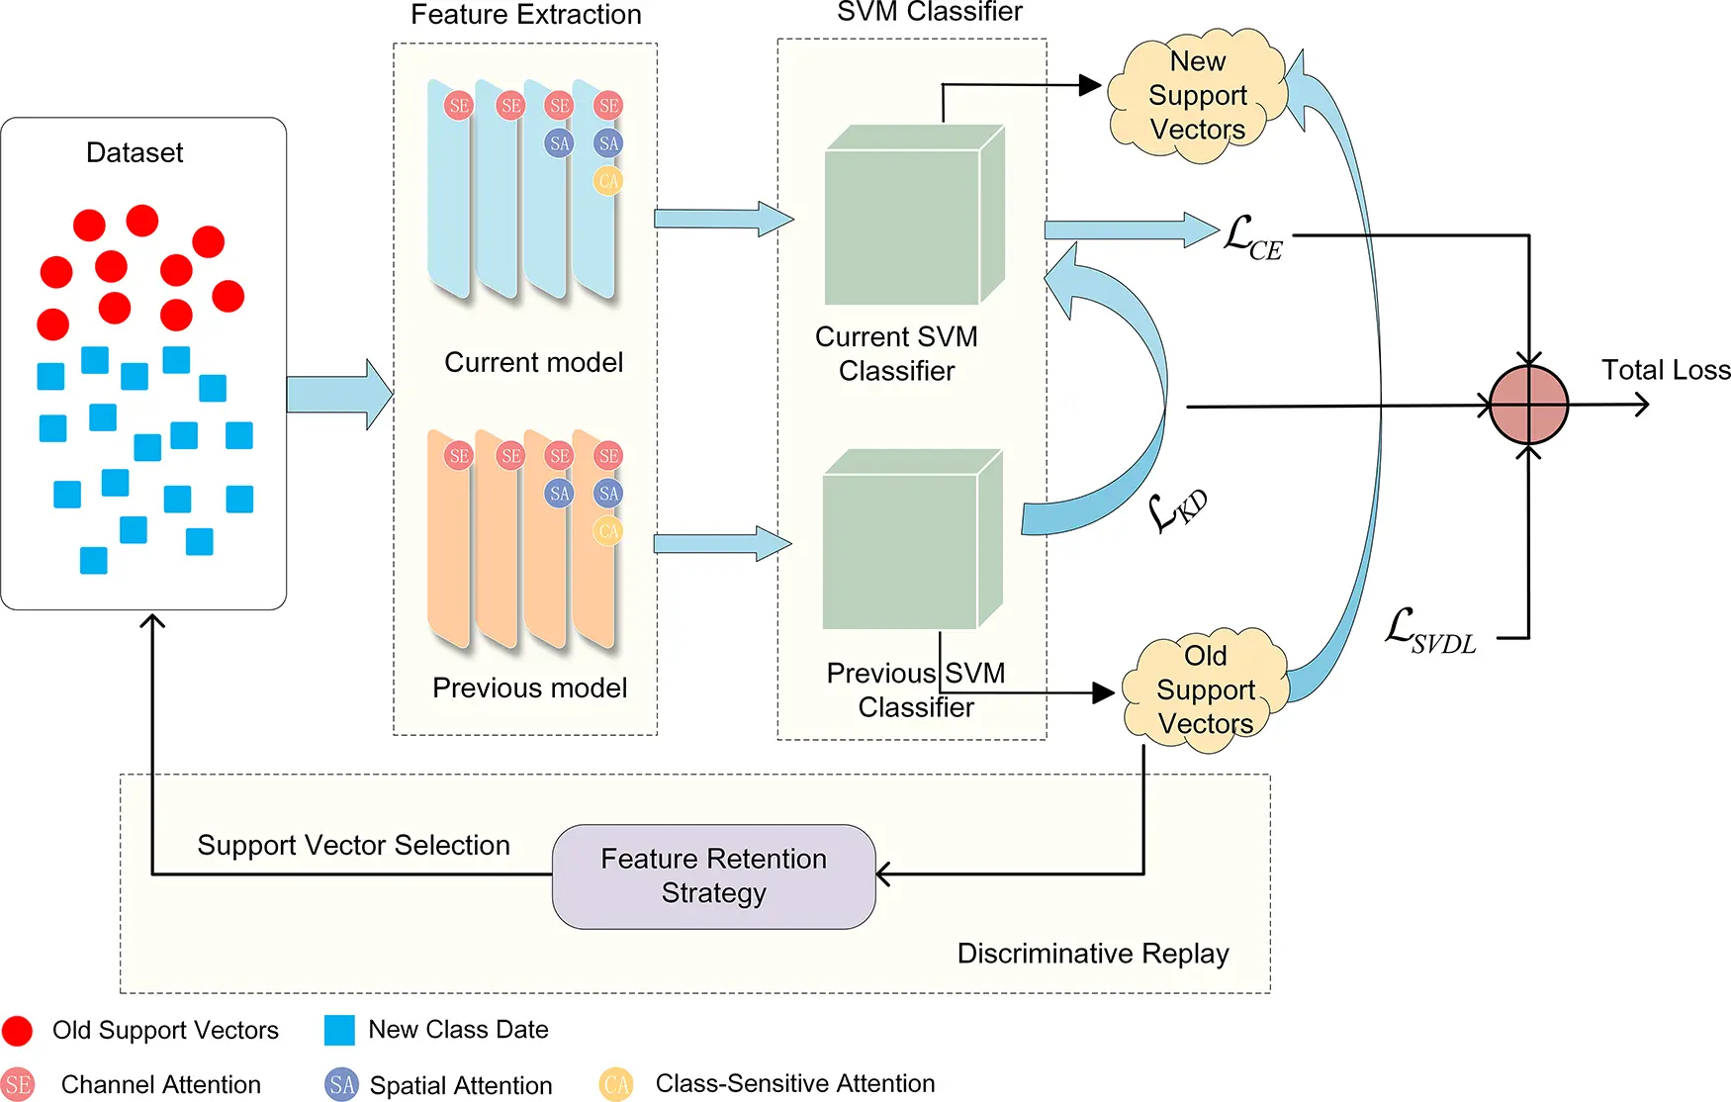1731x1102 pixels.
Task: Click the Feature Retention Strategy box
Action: (713, 876)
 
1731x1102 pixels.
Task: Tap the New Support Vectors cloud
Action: (1197, 95)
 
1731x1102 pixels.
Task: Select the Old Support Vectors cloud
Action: (1205, 689)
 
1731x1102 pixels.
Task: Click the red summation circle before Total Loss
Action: (1528, 405)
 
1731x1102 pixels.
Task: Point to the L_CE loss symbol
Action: (1252, 238)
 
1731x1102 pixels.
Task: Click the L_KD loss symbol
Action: (1177, 509)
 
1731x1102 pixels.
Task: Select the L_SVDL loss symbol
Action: (1430, 631)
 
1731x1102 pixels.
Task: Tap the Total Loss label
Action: (1666, 370)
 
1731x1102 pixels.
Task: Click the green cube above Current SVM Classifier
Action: (915, 215)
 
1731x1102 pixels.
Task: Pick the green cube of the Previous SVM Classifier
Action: (913, 539)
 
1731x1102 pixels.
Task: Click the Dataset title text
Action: (135, 152)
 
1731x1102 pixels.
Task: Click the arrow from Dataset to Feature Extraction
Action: (339, 394)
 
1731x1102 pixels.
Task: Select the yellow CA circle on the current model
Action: (608, 181)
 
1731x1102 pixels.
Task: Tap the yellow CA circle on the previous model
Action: (608, 531)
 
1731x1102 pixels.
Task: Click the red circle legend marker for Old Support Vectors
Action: (18, 1031)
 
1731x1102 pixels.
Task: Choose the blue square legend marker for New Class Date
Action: (339, 1030)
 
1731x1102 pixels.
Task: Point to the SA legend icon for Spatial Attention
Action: (341, 1085)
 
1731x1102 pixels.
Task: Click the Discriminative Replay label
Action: (1093, 953)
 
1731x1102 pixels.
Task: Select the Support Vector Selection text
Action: (353, 845)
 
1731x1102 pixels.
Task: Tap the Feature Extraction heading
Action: (526, 15)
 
